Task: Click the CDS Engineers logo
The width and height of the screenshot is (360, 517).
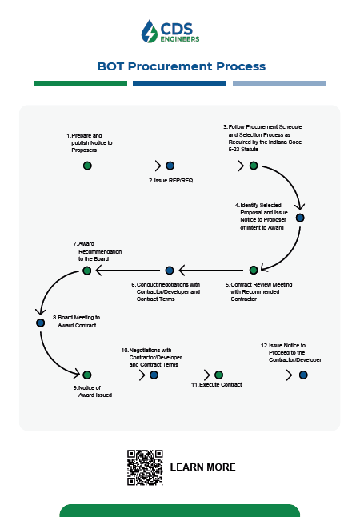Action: (170, 32)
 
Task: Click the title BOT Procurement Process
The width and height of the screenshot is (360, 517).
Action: (182, 66)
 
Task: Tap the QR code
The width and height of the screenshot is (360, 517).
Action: (145, 467)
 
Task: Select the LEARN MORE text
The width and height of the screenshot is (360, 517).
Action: (202, 467)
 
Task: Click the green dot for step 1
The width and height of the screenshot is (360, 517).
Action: (87, 166)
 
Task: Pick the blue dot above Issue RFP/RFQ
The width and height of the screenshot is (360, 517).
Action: (170, 166)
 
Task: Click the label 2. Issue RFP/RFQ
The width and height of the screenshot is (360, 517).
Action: (170, 181)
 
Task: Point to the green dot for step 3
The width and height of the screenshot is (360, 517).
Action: (254, 166)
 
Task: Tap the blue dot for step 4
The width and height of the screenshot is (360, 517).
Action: (300, 218)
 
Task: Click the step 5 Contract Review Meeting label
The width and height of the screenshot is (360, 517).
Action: (258, 291)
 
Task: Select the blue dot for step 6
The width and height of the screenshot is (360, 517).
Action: (170, 271)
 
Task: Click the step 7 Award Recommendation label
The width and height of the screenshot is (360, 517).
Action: (98, 251)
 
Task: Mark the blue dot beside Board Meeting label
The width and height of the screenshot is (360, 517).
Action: (41, 323)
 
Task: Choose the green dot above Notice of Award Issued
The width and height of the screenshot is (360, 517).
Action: (87, 375)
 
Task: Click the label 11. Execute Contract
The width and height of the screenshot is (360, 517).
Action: (217, 384)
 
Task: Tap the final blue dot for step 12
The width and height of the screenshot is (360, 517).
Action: (303, 375)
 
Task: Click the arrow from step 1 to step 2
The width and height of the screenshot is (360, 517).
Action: (129, 166)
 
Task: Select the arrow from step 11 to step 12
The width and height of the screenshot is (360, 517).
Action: (260, 375)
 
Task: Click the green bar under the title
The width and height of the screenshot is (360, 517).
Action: (81, 84)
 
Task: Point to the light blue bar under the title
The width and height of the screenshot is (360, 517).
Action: (279, 84)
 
